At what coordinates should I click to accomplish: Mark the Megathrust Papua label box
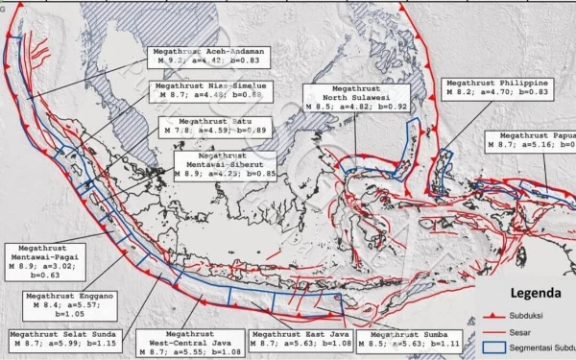533,139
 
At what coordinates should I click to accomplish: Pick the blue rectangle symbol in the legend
494,348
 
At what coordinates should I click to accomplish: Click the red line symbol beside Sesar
493,332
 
